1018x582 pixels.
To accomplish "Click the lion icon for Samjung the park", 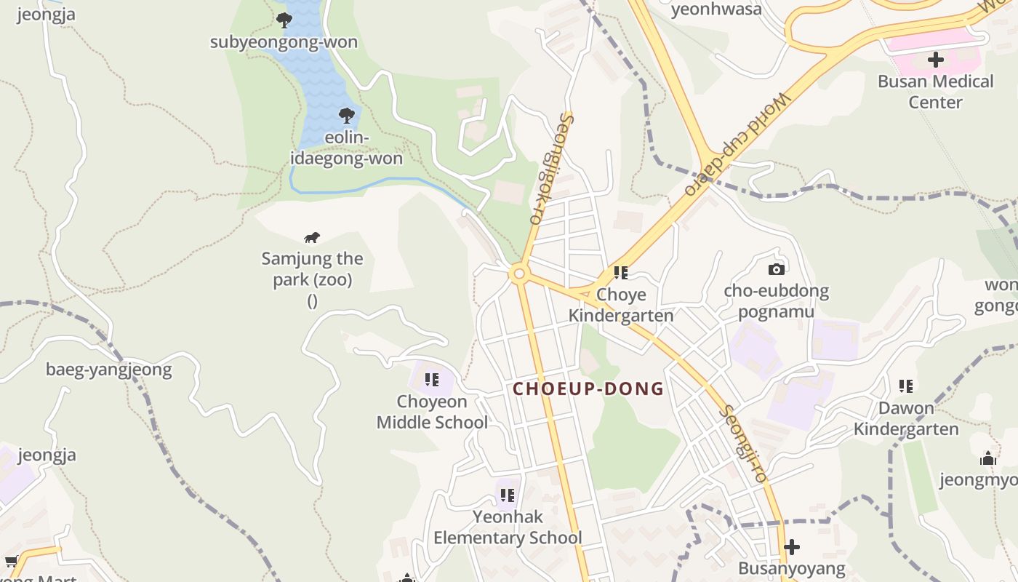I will [x=312, y=238].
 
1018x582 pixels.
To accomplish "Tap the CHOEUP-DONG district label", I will [x=588, y=388].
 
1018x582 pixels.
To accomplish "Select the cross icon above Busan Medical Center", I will [x=935, y=60].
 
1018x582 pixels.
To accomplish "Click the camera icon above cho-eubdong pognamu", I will [x=776, y=269].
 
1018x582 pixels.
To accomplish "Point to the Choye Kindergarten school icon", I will [x=620, y=273].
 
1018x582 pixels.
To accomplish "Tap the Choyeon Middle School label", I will [x=432, y=412].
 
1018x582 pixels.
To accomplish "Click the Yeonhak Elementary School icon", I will [x=507, y=495].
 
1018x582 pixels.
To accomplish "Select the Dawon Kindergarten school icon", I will [x=905, y=386].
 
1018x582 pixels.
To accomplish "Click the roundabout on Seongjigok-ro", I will [x=518, y=274].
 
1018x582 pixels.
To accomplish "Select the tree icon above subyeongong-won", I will [x=284, y=20].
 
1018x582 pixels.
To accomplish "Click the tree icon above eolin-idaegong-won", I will [x=347, y=115].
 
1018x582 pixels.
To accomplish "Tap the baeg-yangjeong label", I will [x=109, y=370].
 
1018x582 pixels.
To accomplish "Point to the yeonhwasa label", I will [x=716, y=9].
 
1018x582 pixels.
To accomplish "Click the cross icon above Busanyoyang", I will [x=792, y=546].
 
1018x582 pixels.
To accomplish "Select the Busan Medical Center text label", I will [x=935, y=92].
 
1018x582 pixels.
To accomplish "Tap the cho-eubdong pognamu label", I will [x=776, y=302].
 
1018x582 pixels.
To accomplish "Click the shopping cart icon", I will [x=11, y=561].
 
